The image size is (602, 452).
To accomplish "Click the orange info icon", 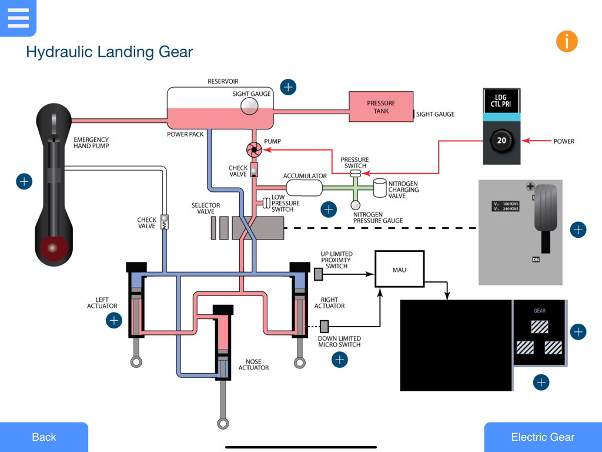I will click(x=567, y=41).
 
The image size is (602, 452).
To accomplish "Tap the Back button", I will click(x=44, y=437).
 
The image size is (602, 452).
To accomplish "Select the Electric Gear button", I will click(x=543, y=437).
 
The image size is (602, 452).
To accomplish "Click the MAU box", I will click(x=399, y=270).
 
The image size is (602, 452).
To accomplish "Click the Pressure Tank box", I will click(x=381, y=107).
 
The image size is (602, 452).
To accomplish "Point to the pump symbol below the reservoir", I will click(x=254, y=150).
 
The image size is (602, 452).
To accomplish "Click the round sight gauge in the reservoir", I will click(x=249, y=106).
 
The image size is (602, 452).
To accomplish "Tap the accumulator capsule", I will click(x=304, y=188).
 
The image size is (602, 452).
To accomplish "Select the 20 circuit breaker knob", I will click(x=501, y=141).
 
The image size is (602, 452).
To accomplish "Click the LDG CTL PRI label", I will click(x=501, y=102).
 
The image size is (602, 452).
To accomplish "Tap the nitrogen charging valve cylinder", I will click(x=380, y=188).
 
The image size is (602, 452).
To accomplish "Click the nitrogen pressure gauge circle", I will click(x=356, y=205).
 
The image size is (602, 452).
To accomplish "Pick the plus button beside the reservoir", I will click(x=288, y=87).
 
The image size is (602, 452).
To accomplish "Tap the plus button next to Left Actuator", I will click(x=114, y=320).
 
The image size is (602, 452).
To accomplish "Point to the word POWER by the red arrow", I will click(x=563, y=141).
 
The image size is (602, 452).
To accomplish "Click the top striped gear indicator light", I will click(x=540, y=327).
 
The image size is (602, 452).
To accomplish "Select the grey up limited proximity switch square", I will click(x=318, y=274).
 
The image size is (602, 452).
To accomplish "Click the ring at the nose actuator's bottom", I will click(x=223, y=423).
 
